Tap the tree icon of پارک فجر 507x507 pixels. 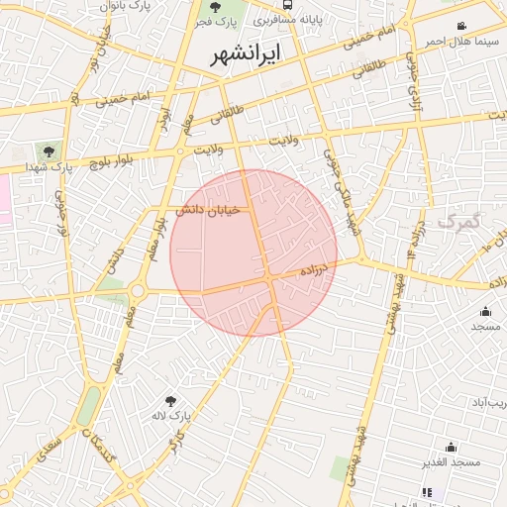click(x=216, y=7)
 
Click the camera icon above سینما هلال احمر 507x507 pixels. click(x=461, y=26)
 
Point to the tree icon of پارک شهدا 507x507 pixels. click(x=49, y=151)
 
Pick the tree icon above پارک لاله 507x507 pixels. click(x=171, y=401)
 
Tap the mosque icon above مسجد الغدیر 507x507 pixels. click(x=451, y=447)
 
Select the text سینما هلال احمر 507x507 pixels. click(x=459, y=42)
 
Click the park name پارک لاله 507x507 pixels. click(x=170, y=417)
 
